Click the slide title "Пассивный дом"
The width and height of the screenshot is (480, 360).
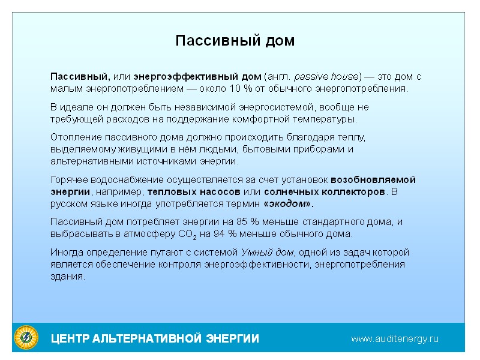click(x=235, y=41)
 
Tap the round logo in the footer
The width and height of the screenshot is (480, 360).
click(x=26, y=337)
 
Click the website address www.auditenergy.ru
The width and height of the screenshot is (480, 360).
click(x=395, y=338)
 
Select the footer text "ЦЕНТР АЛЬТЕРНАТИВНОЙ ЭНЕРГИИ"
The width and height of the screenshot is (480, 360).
click(x=155, y=339)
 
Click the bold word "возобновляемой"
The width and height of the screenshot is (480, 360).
click(x=373, y=179)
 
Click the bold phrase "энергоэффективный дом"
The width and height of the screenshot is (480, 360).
click(x=197, y=77)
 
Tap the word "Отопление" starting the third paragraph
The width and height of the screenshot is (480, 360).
click(x=72, y=137)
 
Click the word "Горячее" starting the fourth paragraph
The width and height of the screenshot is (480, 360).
click(x=67, y=179)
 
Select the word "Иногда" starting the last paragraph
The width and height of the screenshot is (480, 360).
click(x=65, y=252)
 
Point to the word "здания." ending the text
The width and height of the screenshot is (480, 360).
click(x=67, y=276)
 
